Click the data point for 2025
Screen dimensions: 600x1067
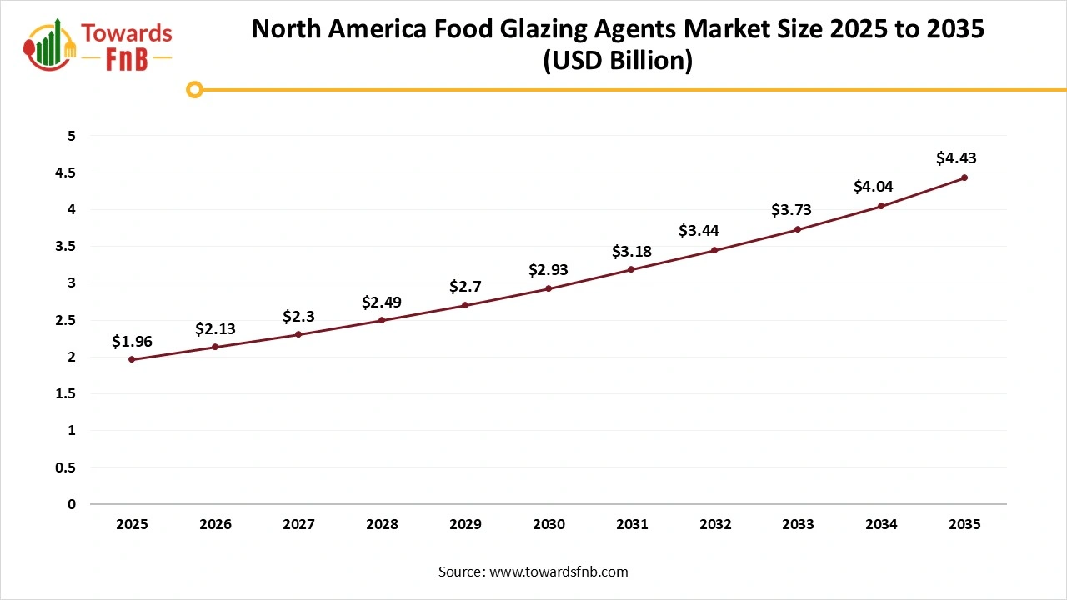click(x=132, y=359)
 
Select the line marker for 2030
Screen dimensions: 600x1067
click(x=549, y=288)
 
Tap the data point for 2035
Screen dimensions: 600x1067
click(x=964, y=177)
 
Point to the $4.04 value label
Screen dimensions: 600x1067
click(x=873, y=187)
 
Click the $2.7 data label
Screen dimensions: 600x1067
click(x=465, y=287)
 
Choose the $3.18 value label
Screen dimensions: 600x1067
click(x=631, y=251)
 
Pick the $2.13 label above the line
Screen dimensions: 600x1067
click(x=215, y=329)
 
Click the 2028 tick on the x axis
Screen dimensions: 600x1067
click(x=382, y=525)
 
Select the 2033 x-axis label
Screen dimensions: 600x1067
click(x=798, y=525)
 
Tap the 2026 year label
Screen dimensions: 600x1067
click(x=215, y=525)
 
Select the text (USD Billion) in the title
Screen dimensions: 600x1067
click(x=618, y=62)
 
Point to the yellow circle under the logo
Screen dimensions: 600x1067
click(x=194, y=89)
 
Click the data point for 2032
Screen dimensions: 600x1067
click(x=714, y=250)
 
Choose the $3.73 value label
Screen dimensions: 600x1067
click(x=791, y=210)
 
